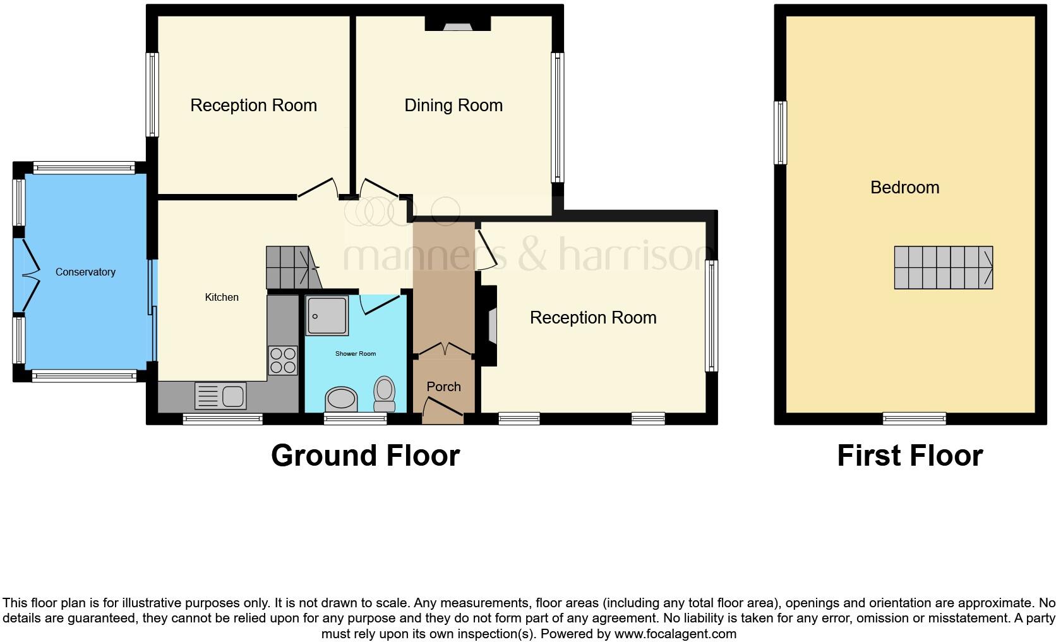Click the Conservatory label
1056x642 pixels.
click(85, 272)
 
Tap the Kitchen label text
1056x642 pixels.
click(222, 297)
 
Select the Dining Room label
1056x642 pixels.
click(453, 106)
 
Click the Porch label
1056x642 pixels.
click(443, 387)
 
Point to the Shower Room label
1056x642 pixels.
click(355, 354)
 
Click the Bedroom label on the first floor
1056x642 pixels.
click(904, 188)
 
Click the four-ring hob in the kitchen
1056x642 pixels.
click(282, 360)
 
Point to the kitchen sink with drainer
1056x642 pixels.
click(220, 396)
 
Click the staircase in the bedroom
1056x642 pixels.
click(943, 268)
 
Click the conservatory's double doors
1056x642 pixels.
click(28, 275)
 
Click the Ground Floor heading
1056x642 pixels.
click(365, 456)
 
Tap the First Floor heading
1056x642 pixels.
click(909, 456)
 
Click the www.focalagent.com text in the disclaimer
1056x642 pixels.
click(675, 634)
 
